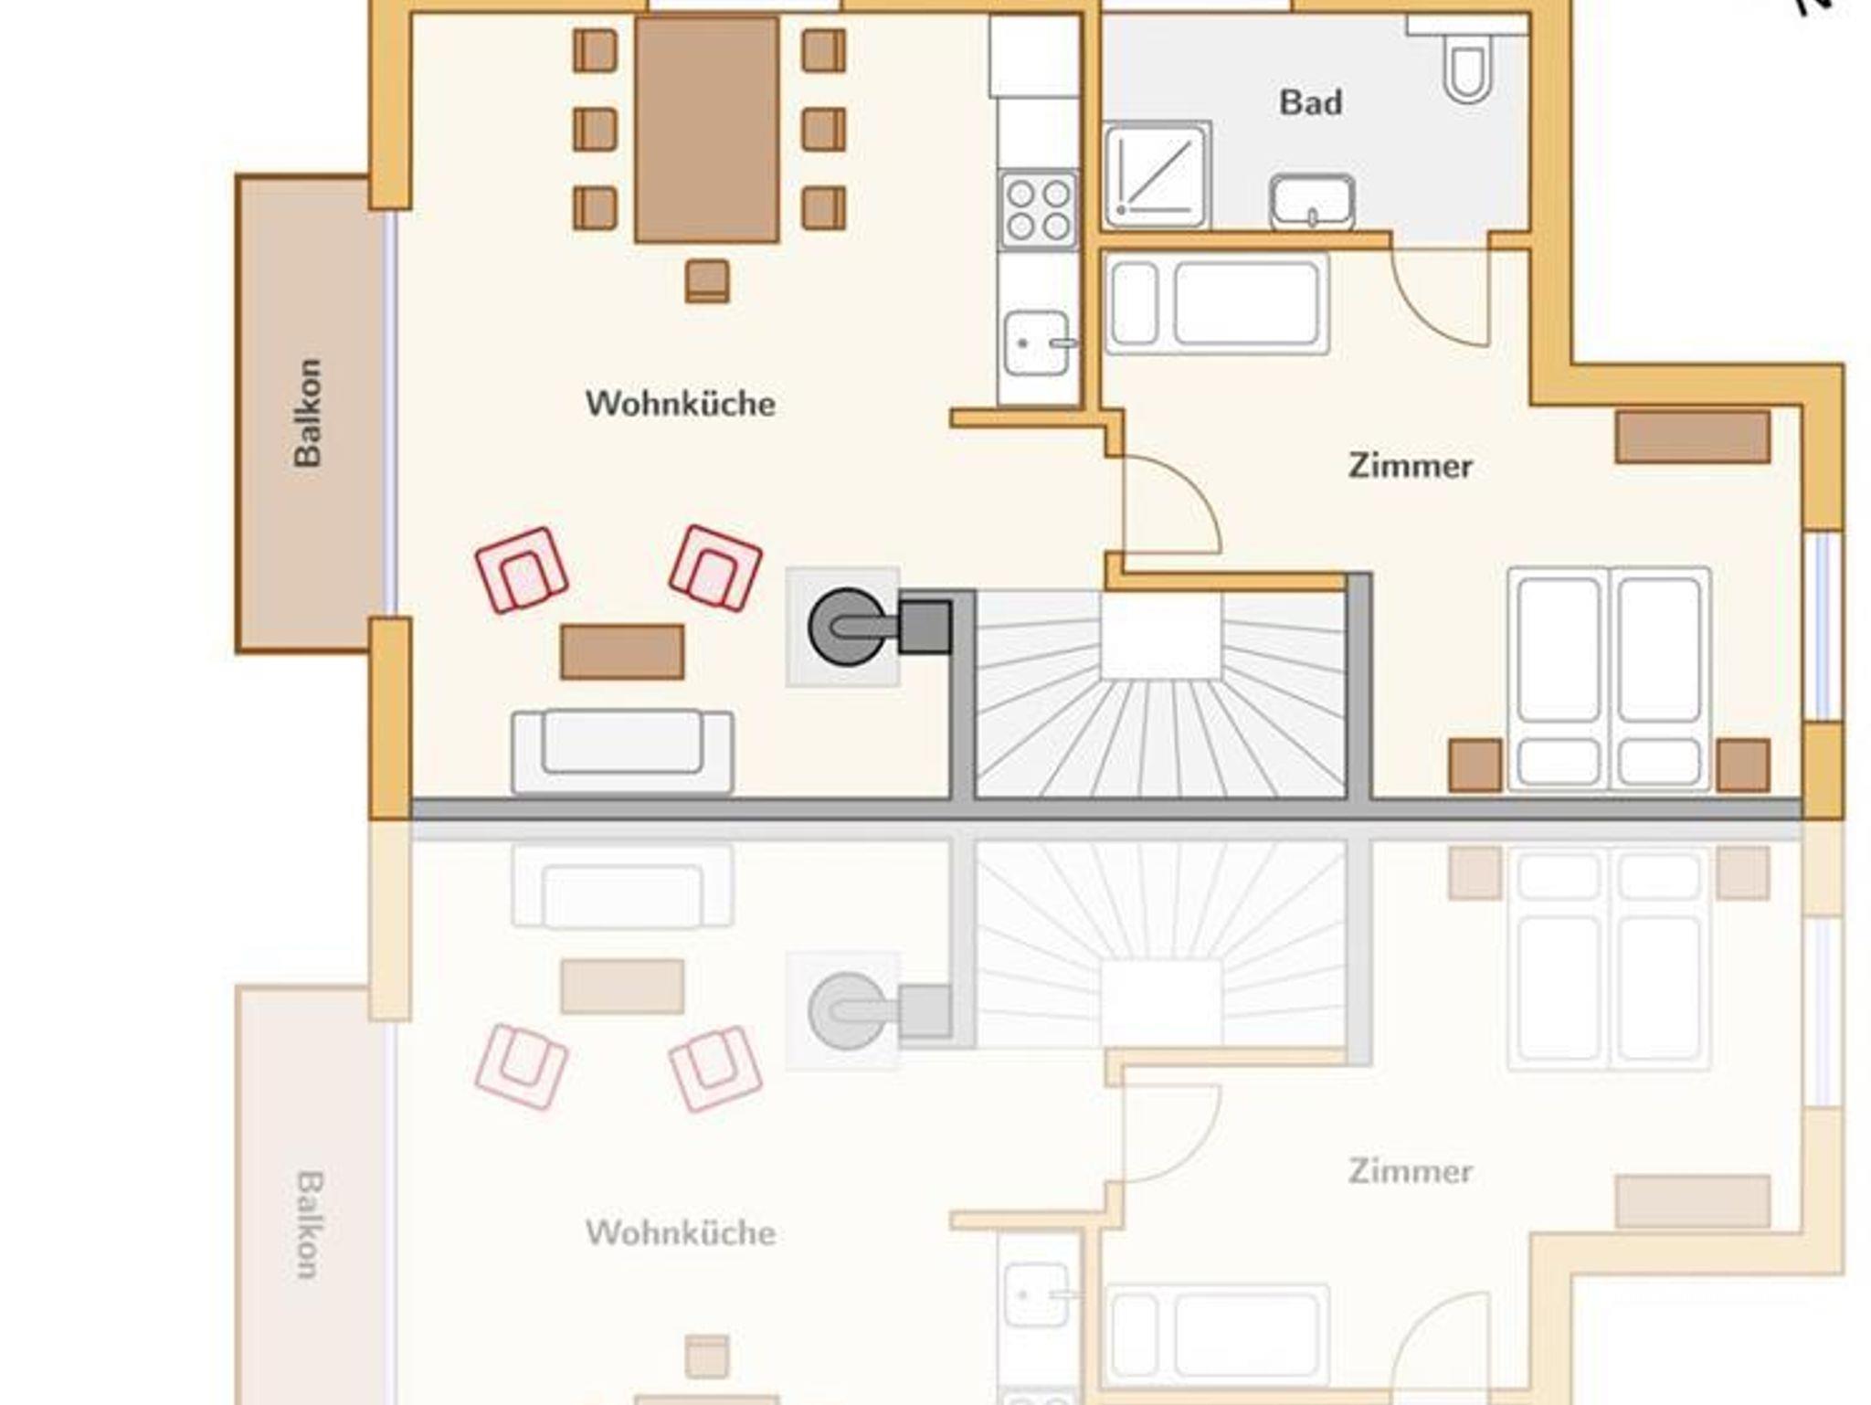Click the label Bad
(x=1310, y=102)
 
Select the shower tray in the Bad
(x=1156, y=175)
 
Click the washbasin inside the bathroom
(x=1312, y=202)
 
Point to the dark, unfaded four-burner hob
(x=1038, y=209)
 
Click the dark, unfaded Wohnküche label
(x=681, y=404)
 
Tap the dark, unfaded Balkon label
(x=308, y=413)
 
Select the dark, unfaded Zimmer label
(x=1411, y=466)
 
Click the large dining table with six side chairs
(x=707, y=130)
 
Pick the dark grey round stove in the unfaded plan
(x=847, y=627)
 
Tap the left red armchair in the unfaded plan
(x=522, y=570)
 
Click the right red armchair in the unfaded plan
(x=715, y=568)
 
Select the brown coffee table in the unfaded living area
(x=622, y=652)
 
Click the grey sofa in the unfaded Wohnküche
(x=622, y=752)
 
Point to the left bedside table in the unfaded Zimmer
(x=1475, y=766)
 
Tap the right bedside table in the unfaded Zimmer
(x=1743, y=766)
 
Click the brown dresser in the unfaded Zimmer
(x=1693, y=437)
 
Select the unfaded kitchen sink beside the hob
(x=1037, y=343)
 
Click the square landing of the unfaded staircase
(x=1160, y=636)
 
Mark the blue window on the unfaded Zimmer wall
(x=1823, y=626)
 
